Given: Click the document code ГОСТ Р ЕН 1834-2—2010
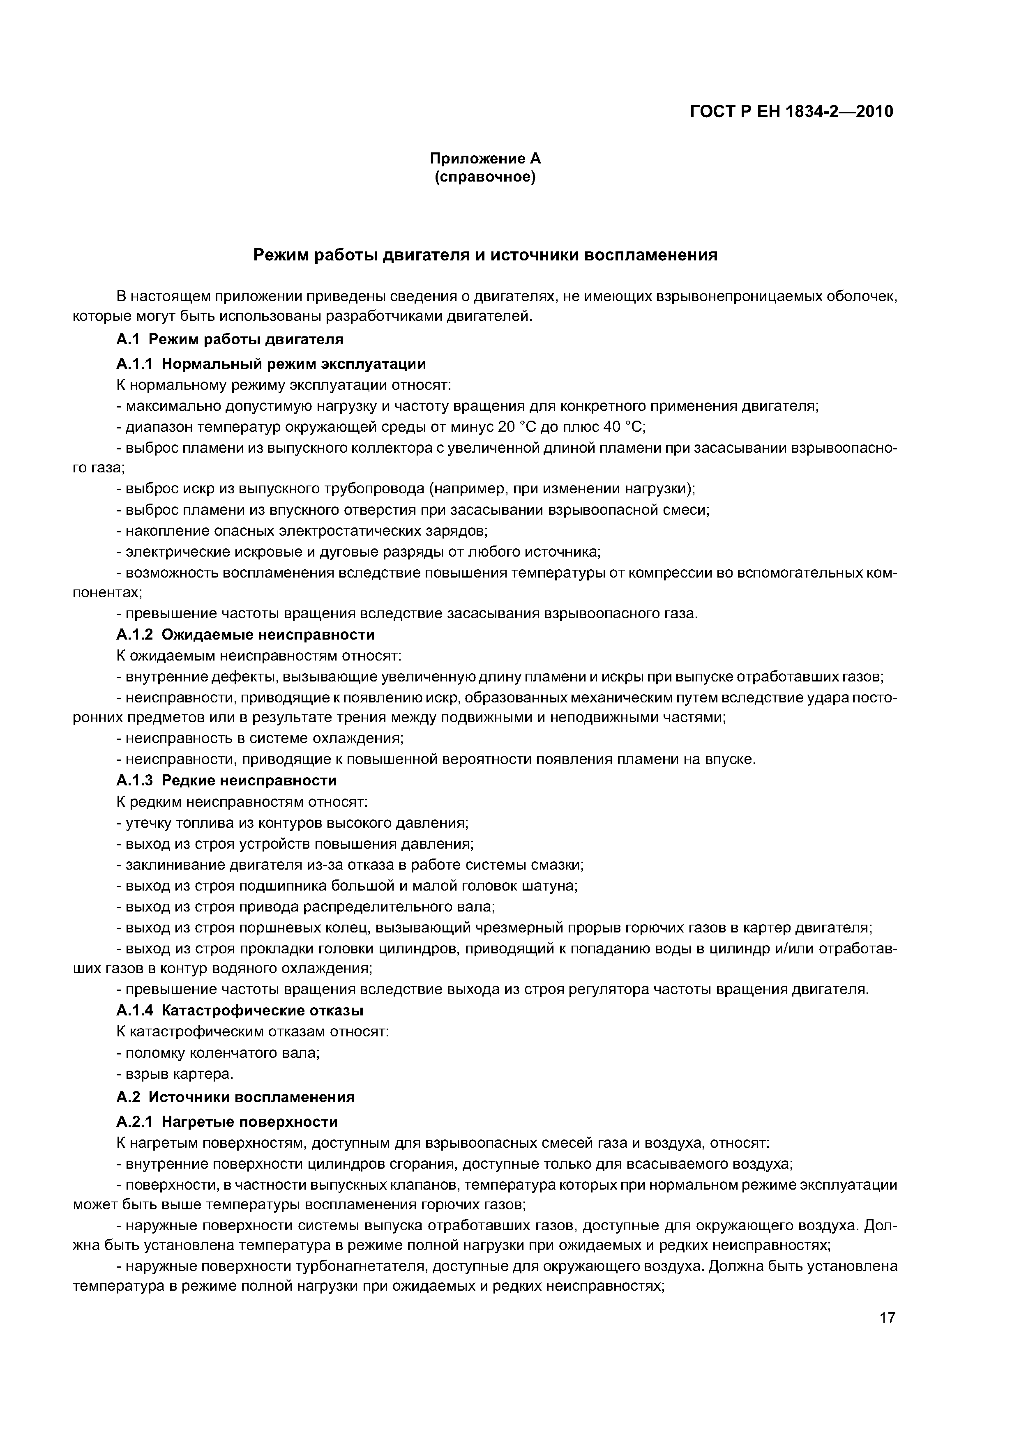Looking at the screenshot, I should point(791,112).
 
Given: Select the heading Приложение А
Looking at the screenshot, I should point(485,159).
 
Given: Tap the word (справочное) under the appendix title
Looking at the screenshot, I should point(485,178).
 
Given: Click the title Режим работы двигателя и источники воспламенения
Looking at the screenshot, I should point(485,256).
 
